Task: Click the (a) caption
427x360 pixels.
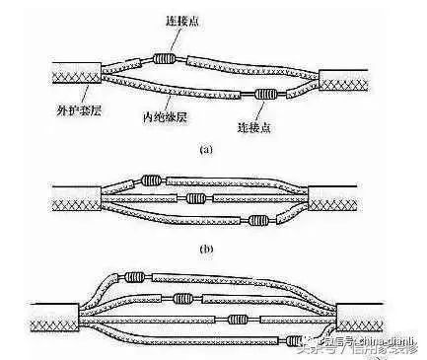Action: (x=205, y=149)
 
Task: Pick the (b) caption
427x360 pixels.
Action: (x=205, y=247)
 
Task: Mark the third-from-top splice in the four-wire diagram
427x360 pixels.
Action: (x=246, y=318)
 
